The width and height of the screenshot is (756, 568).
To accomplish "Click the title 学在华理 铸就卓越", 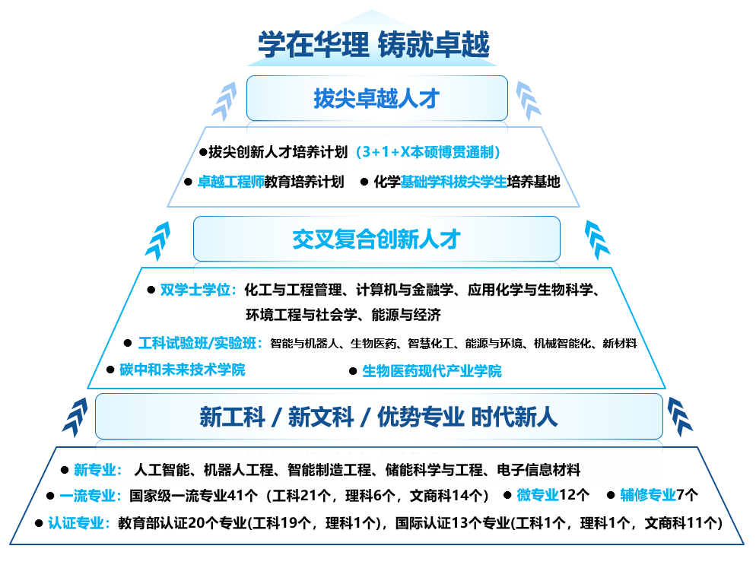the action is (x=373, y=43).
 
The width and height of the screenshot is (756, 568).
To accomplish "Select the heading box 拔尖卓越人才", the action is (x=376, y=98).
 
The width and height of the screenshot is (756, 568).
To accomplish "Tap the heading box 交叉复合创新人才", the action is (x=376, y=239).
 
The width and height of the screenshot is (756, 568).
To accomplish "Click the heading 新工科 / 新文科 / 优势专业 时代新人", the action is (x=378, y=416).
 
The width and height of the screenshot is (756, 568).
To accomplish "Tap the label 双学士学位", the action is (x=199, y=290).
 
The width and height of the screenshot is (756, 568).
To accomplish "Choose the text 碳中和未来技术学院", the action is (x=183, y=370).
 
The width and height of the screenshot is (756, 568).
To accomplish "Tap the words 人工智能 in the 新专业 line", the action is (x=156, y=469).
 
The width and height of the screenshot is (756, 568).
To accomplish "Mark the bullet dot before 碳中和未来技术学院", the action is (x=110, y=370).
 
